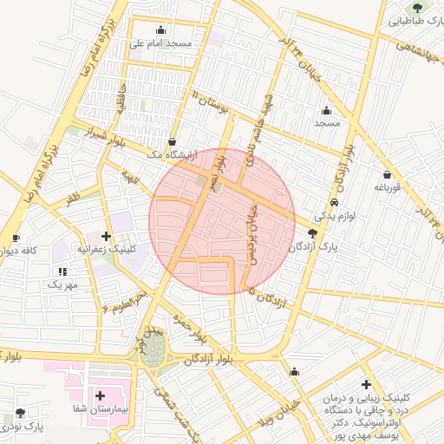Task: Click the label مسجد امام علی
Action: click(x=160, y=42)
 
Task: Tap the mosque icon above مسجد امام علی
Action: click(x=160, y=29)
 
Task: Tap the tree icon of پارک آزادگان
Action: click(x=312, y=233)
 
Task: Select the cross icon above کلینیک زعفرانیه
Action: click(x=107, y=236)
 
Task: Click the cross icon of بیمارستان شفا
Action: click(x=101, y=395)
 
